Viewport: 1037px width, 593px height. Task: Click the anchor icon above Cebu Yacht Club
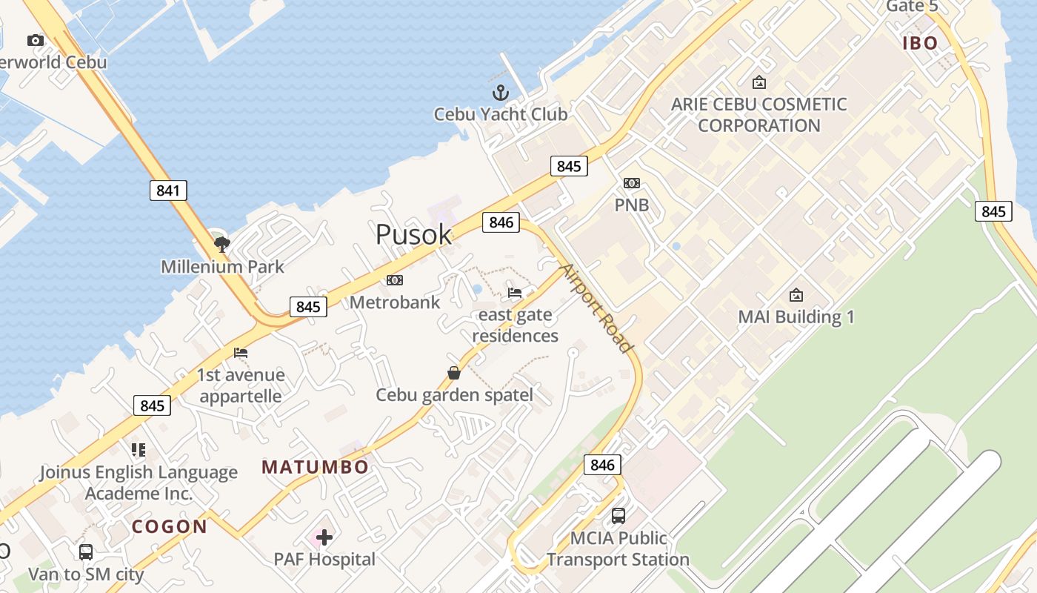(501, 93)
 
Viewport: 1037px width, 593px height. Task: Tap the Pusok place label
(413, 234)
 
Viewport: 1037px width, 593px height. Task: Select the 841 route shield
(168, 191)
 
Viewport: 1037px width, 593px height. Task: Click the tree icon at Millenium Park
(221, 244)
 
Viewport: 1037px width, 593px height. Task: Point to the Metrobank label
(395, 302)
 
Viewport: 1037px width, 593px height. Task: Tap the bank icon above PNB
(632, 183)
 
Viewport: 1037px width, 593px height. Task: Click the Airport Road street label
(597, 308)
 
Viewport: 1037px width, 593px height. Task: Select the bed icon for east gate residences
(515, 293)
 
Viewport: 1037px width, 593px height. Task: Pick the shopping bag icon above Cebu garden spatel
(454, 373)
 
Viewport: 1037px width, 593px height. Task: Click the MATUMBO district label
(315, 467)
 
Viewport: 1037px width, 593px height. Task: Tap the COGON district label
(170, 527)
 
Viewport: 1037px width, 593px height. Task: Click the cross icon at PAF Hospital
(324, 537)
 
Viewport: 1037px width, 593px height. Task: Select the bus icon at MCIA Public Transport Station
(618, 516)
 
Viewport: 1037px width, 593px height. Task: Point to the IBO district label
(920, 43)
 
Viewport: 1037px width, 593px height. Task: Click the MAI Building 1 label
(796, 317)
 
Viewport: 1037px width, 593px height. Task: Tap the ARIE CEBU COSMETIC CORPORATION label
(758, 115)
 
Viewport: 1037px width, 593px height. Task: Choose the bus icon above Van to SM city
(86, 552)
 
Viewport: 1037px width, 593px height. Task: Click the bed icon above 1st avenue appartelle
(241, 353)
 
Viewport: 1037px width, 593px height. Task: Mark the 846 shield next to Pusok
(501, 222)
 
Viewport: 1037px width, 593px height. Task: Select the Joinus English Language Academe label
(139, 483)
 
